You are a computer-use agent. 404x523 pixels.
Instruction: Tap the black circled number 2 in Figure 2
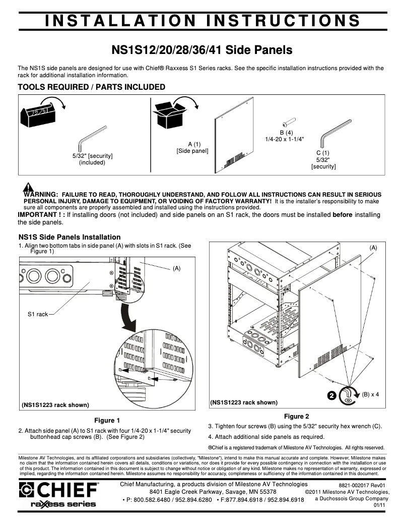point(331,395)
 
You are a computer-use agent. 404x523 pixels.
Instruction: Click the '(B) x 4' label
point(370,394)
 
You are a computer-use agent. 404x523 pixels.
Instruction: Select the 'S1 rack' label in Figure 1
point(38,314)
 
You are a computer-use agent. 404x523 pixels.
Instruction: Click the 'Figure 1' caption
point(107,420)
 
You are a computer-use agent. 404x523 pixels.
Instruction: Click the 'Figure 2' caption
point(296,416)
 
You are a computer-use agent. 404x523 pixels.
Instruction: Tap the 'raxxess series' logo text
point(63,504)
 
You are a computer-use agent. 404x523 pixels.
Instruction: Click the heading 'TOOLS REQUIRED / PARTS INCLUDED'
point(91,87)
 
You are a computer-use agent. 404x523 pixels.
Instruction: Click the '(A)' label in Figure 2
point(373,247)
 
